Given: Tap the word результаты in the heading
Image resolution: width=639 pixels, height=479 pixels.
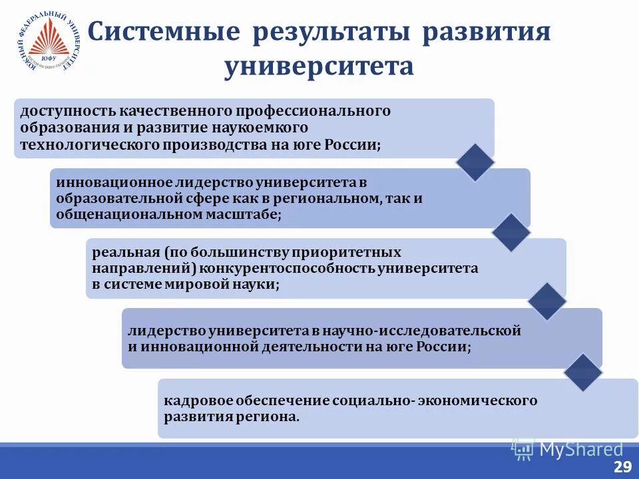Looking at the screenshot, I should (331, 33).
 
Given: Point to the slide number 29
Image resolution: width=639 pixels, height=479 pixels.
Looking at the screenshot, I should (622, 467).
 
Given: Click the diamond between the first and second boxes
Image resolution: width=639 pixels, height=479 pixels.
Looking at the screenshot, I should (475, 162).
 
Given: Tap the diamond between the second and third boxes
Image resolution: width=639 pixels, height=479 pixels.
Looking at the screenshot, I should (511, 232).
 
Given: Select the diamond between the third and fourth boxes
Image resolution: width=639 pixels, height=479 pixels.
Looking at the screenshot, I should (546, 302).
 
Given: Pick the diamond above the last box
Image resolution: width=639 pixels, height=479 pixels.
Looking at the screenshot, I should (582, 373).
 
